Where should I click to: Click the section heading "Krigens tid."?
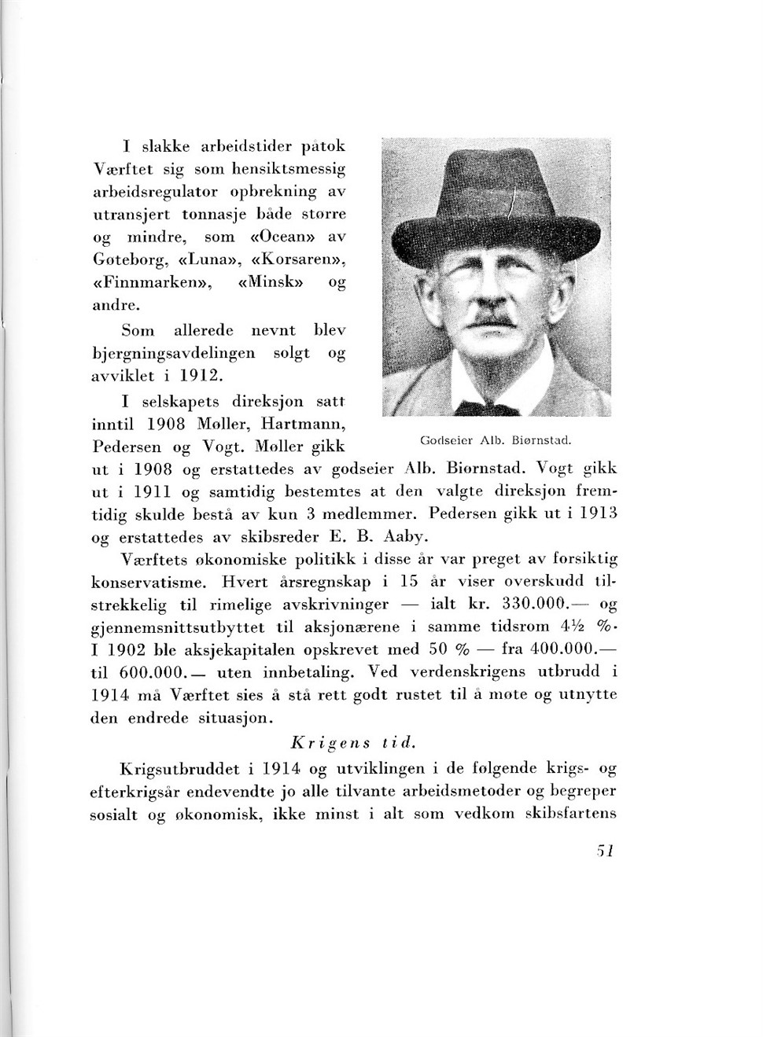click(352, 742)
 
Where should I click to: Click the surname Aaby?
click(404, 538)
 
